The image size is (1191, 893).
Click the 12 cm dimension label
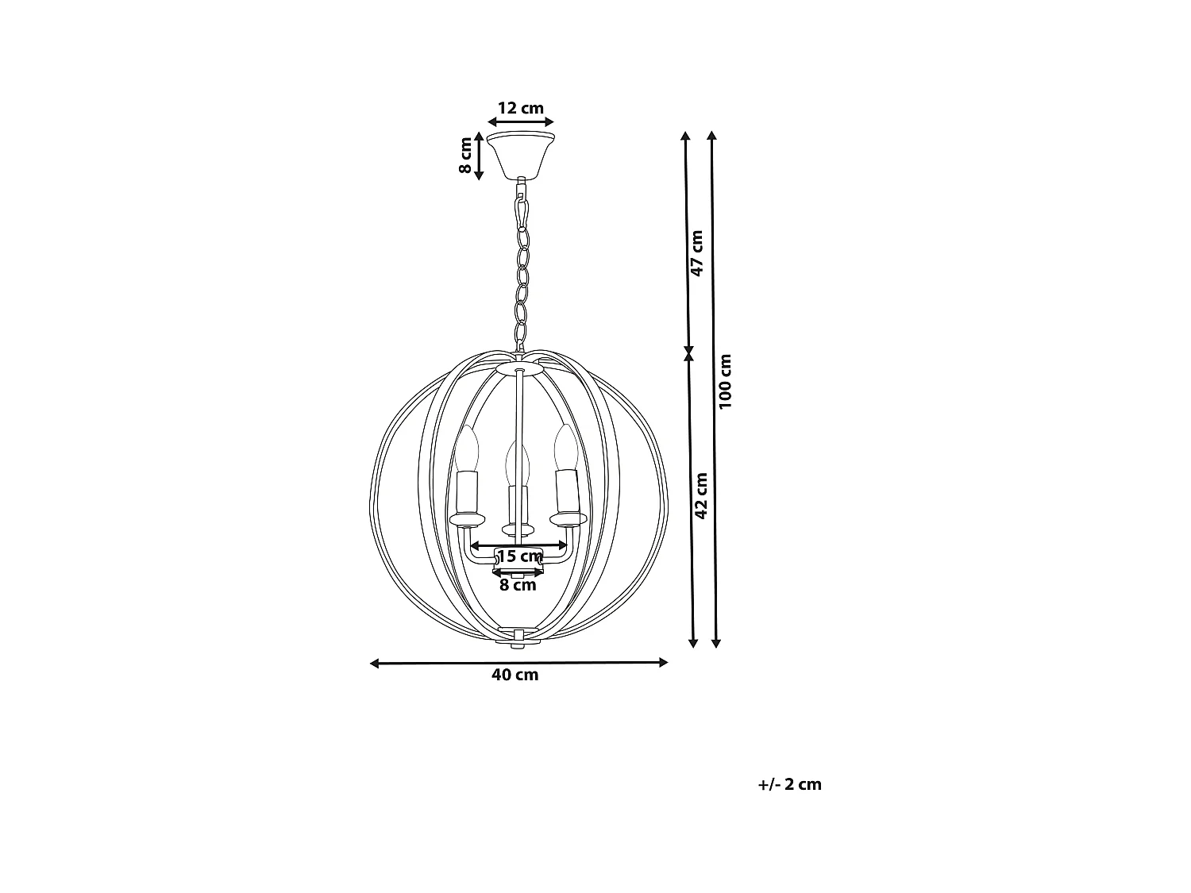(x=520, y=109)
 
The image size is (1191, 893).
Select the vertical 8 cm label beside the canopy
(x=465, y=156)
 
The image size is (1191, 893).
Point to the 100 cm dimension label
(x=725, y=382)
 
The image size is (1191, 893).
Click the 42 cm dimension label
(x=701, y=495)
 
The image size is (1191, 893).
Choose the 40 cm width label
(x=515, y=675)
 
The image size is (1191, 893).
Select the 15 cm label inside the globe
(x=520, y=556)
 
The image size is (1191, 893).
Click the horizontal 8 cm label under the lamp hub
(x=518, y=585)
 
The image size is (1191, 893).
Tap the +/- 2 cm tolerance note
(x=789, y=784)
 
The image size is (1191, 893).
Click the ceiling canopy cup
(x=521, y=155)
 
